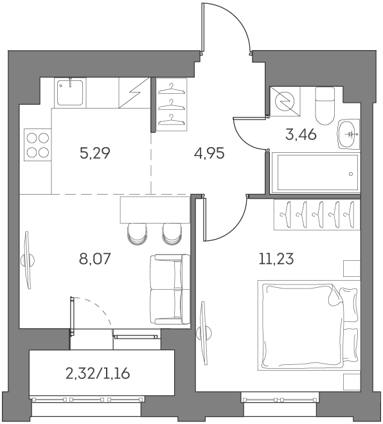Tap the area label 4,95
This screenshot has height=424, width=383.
click(x=209, y=154)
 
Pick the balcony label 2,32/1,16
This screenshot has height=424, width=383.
click(x=103, y=373)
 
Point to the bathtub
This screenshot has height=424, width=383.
click(x=315, y=172)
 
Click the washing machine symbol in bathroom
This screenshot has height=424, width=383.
click(x=283, y=102)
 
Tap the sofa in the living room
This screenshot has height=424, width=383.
click(x=170, y=289)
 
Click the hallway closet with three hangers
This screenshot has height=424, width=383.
click(x=171, y=104)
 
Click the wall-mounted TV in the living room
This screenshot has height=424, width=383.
click(x=28, y=260)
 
